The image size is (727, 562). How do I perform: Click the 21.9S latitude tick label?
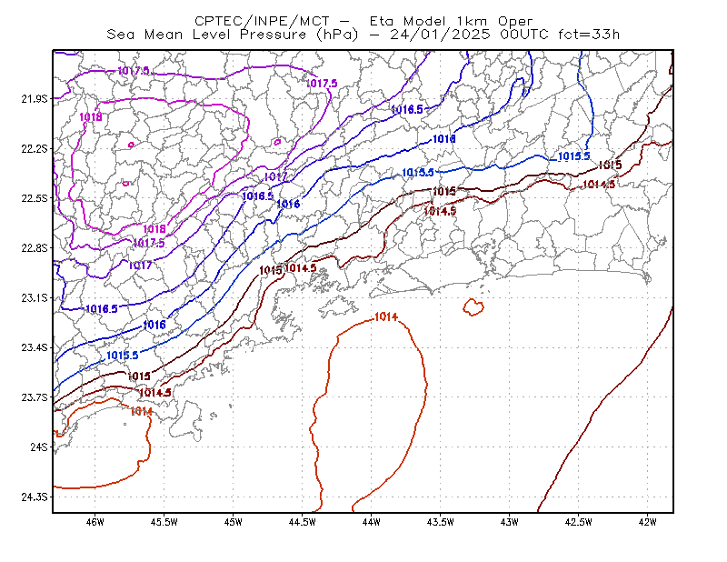pos(35,99)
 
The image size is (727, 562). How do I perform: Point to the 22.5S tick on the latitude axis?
pos(35,198)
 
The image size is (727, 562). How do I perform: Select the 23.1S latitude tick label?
pos(35,298)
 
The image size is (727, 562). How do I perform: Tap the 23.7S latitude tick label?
pos(35,397)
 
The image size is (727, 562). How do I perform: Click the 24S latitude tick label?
pos(39,447)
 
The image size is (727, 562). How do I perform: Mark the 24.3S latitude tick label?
pos(35,497)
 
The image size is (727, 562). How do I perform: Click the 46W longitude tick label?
pos(95,522)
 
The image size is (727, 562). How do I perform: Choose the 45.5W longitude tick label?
pos(164,522)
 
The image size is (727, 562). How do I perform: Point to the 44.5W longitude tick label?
pos(303,522)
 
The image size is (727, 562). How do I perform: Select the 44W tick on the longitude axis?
pos(372,522)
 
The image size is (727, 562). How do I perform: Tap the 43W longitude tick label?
pos(510,522)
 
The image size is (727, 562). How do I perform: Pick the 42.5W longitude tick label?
pos(579,522)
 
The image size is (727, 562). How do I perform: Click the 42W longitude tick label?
pos(648,522)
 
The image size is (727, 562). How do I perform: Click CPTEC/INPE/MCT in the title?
pos(262,21)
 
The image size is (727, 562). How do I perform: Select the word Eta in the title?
pos(382,21)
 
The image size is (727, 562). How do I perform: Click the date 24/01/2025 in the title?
pos(440,35)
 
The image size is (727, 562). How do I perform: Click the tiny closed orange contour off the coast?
pos(473,307)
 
